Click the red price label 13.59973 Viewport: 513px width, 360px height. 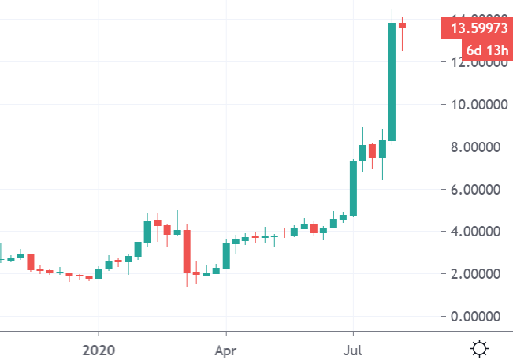pos(477,29)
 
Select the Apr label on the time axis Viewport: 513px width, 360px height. pos(226,347)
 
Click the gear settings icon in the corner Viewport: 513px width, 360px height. pos(478,347)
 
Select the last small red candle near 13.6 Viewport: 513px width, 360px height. pos(402,25)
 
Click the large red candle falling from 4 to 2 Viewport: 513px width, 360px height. pos(188,251)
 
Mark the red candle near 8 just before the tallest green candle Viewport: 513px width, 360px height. pos(373,151)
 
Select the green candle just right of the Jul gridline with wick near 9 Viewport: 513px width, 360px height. pos(363,153)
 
